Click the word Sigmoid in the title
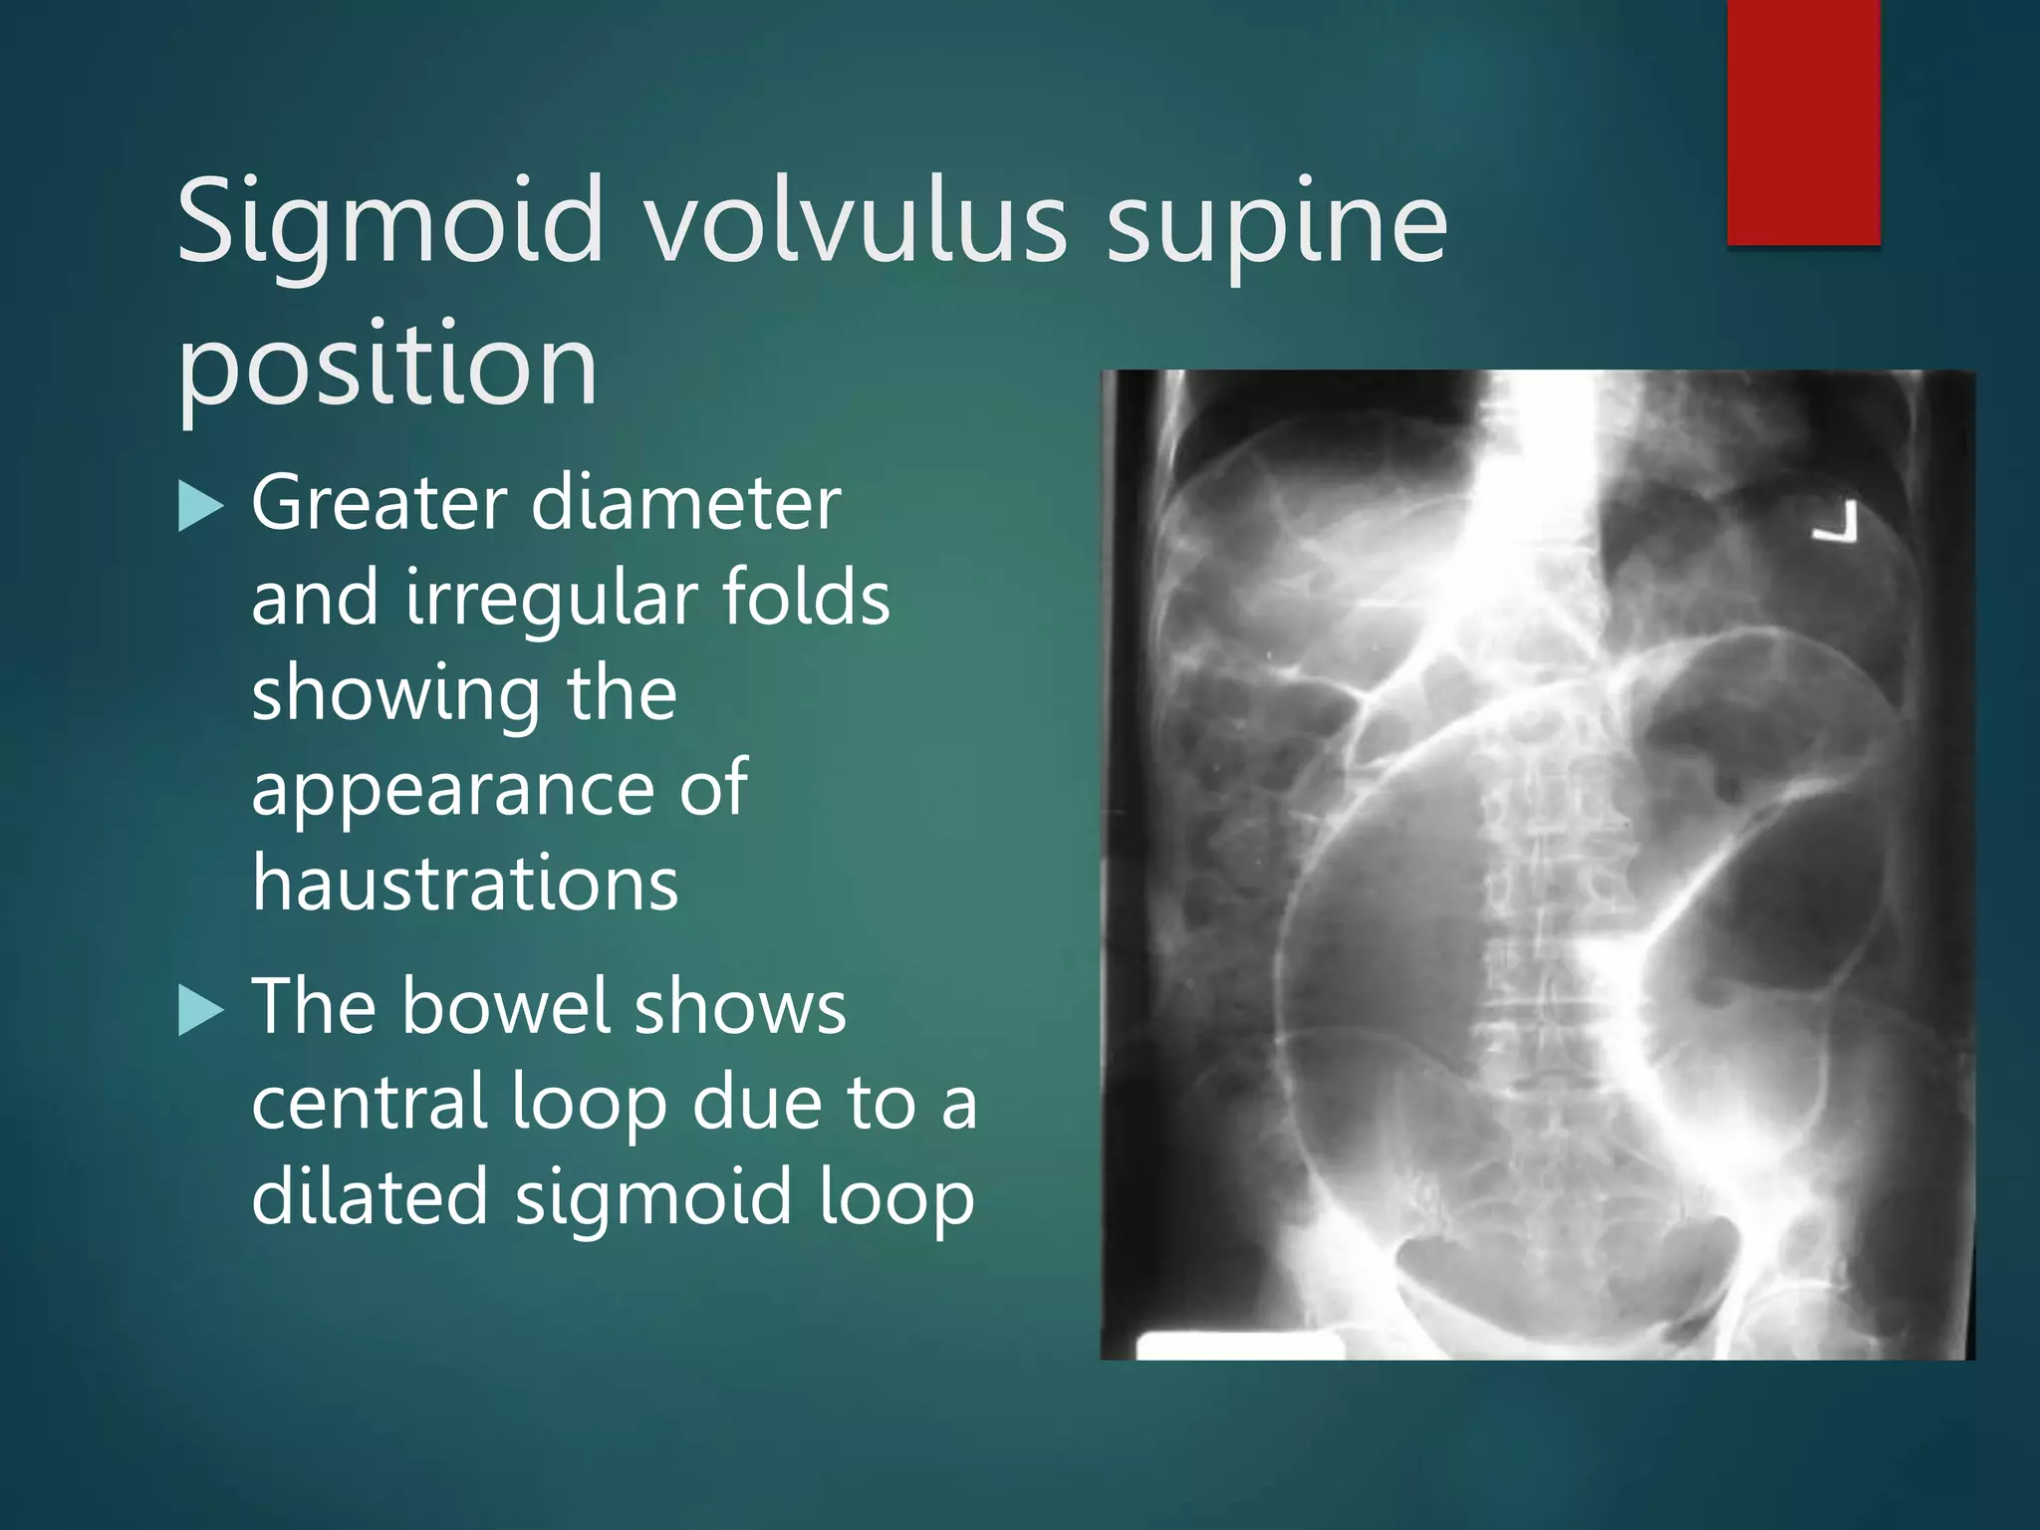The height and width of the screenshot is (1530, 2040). point(389,224)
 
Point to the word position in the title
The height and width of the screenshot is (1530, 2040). point(387,367)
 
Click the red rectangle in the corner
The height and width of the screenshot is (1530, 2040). point(1803,122)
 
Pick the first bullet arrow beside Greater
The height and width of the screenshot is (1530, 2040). point(200,506)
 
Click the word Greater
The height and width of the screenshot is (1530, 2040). point(380,503)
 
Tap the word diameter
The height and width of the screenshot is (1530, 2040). point(686,503)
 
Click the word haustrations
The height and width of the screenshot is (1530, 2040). point(465,883)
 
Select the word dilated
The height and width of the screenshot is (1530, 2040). point(370,1196)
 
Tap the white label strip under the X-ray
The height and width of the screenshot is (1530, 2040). point(1239,1345)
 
